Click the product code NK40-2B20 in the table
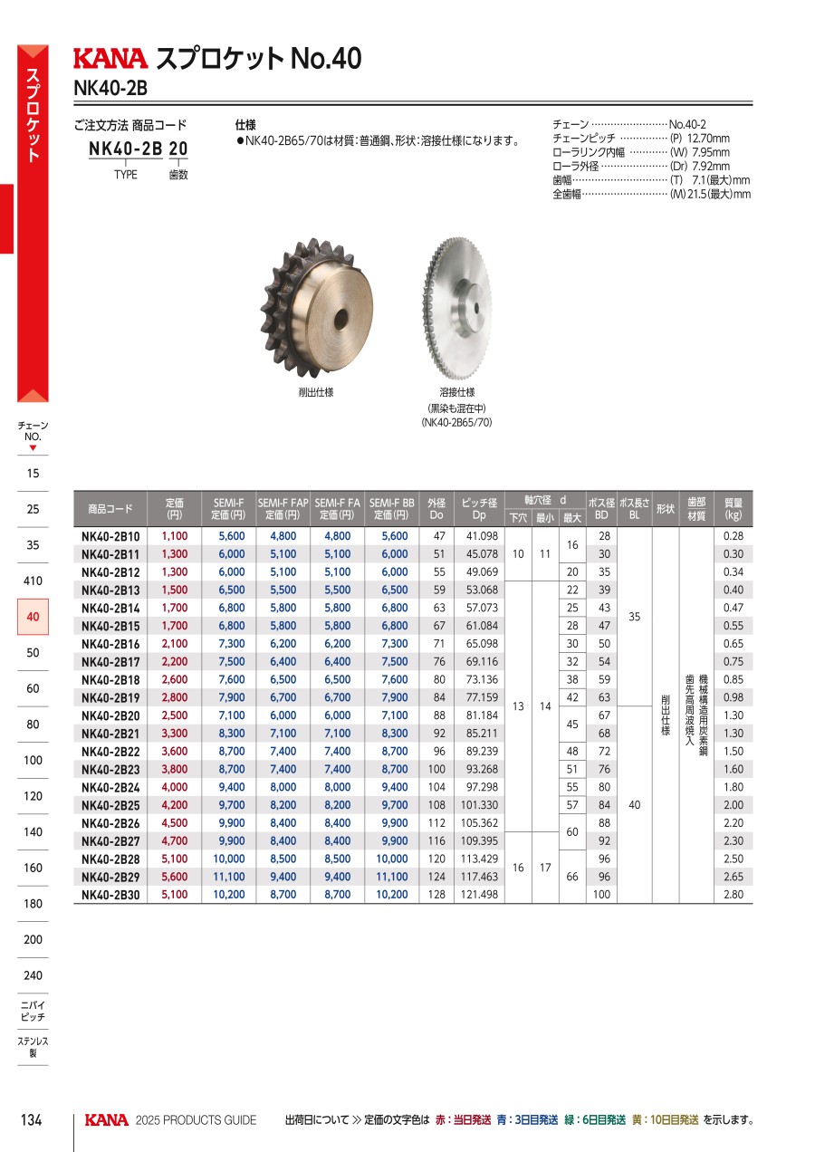tap(110, 715)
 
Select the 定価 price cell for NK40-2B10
tap(175, 536)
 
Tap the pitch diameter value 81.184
tap(482, 715)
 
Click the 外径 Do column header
tap(436, 509)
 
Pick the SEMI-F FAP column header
tap(283, 509)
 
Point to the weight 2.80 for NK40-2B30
tap(733, 895)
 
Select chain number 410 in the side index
tap(33, 581)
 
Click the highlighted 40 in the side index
tap(33, 617)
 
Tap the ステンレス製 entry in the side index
tap(33, 1047)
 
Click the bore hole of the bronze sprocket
tap(341, 321)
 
